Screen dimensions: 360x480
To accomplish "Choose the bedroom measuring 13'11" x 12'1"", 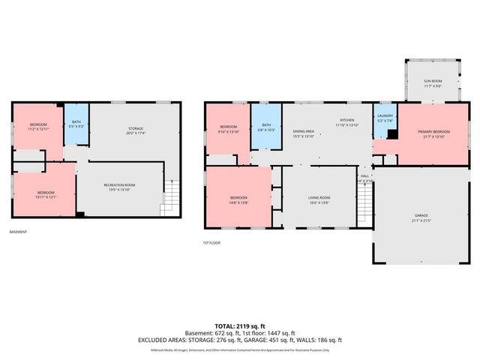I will coord(45,194).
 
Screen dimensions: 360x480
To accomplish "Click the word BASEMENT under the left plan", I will coord(19,232).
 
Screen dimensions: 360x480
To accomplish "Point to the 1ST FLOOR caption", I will coord(212,242).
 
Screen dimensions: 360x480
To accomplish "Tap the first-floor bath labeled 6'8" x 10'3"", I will coord(266,127).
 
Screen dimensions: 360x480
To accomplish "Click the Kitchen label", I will coord(346,122).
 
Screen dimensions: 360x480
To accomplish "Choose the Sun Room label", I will coord(433,82).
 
